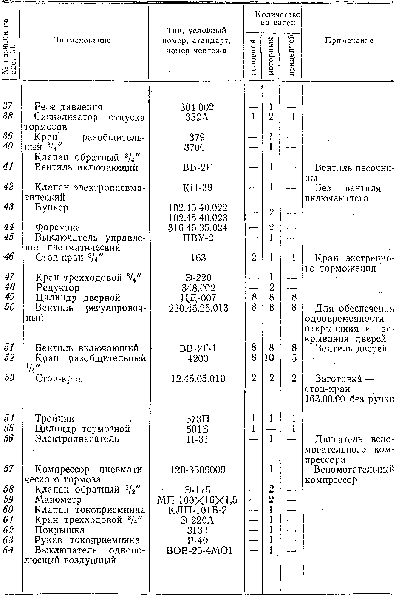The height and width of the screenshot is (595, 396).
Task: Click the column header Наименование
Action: [x=82, y=41]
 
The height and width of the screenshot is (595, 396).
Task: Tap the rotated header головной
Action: [x=253, y=57]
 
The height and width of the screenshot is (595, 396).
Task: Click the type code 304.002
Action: [x=197, y=107]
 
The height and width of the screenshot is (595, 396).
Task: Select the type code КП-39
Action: [x=197, y=187]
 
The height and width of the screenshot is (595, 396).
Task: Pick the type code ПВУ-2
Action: [x=197, y=238]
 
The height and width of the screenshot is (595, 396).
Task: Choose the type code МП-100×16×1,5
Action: [x=197, y=500]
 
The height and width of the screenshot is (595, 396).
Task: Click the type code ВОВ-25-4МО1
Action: [x=197, y=550]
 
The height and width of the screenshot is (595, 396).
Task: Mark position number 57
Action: [x=9, y=469]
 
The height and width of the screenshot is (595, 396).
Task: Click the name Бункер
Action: [x=51, y=207]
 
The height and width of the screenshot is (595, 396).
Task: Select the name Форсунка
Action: [x=57, y=228]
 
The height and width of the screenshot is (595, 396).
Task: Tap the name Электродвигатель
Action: [x=77, y=439]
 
